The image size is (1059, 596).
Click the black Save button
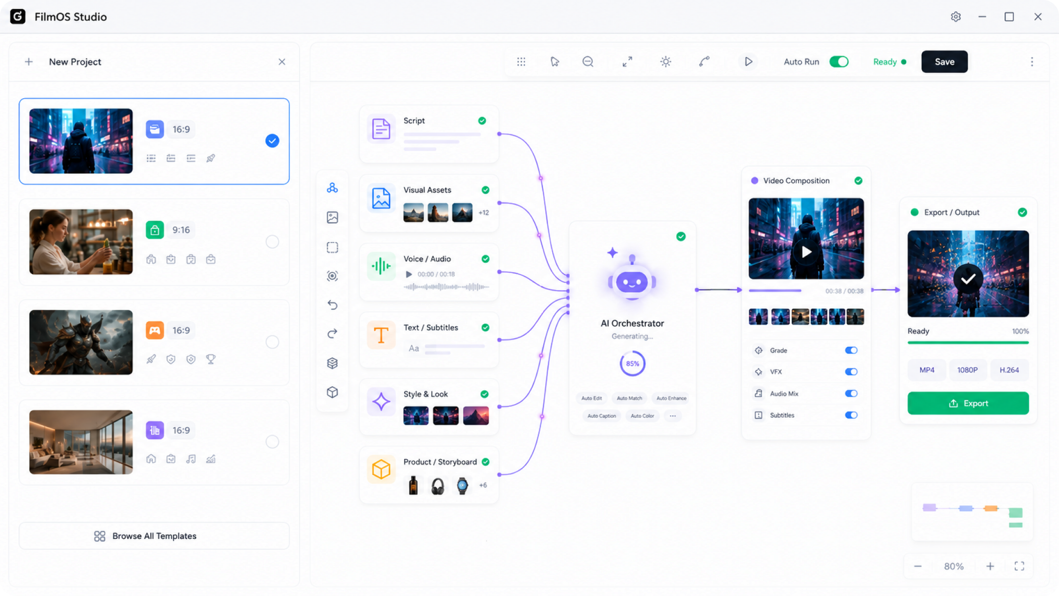tap(944, 61)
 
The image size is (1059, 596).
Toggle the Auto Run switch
tap(839, 61)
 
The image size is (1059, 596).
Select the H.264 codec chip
tap(1009, 370)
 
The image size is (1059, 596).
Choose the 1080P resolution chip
tap(967, 370)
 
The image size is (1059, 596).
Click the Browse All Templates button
tap(154, 536)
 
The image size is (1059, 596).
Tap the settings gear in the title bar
tap(956, 17)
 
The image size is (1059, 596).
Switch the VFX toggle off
tap(851, 372)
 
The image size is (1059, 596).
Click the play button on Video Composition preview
tap(806, 252)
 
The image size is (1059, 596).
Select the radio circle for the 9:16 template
tap(272, 241)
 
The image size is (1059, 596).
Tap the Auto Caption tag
tap(601, 416)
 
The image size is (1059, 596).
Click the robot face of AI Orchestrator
tap(632, 282)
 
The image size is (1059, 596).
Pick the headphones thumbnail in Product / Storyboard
tap(437, 486)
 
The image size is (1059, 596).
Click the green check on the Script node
tap(482, 121)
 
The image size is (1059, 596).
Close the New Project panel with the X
tap(282, 62)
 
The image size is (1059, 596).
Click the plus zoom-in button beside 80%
tap(990, 566)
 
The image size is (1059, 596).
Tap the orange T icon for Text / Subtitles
tap(381, 335)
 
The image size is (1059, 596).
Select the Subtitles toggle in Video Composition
tap(851, 416)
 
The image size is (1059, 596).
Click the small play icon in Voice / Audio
tap(409, 274)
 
